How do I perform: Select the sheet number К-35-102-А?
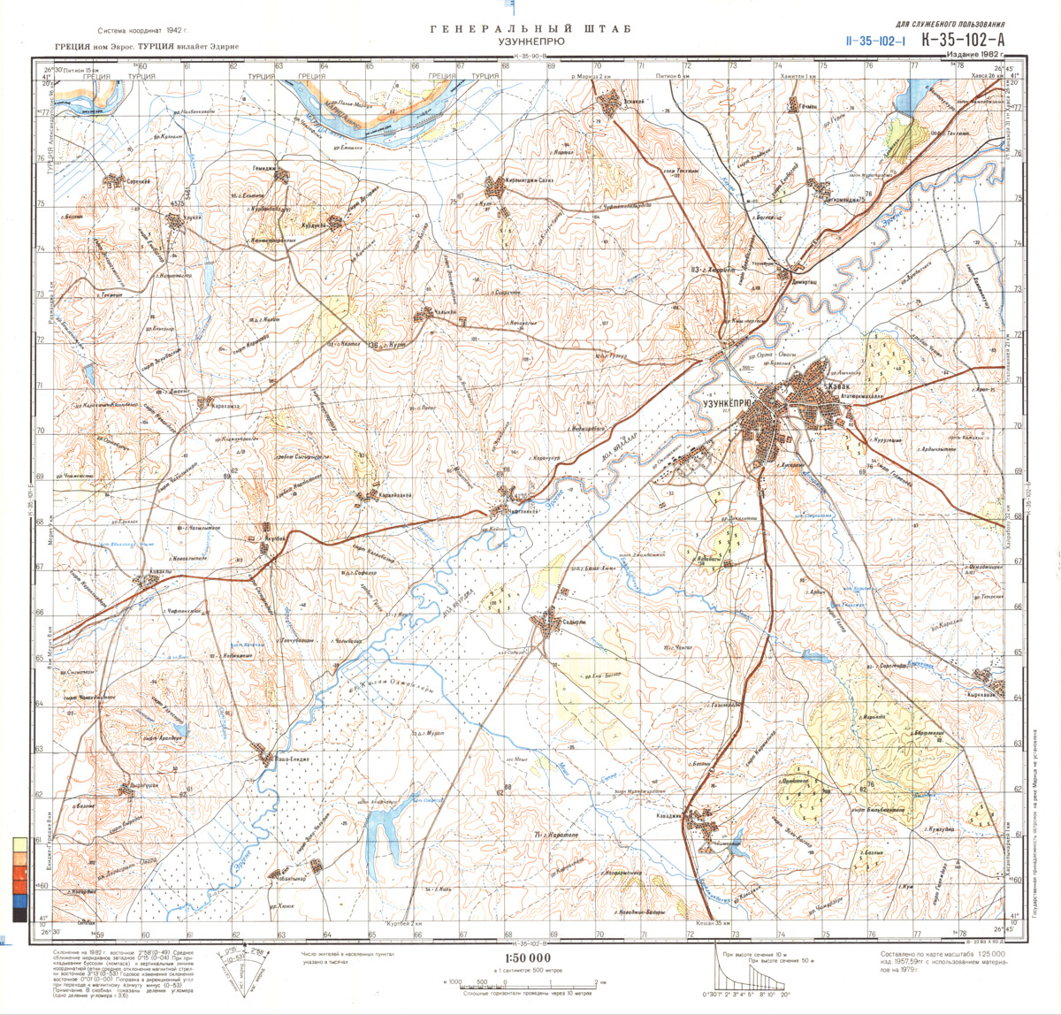point(962,39)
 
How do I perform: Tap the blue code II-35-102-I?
point(876,40)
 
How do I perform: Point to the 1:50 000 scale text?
point(527,958)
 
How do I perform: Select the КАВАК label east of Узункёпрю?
point(839,387)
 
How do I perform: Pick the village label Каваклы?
point(159,570)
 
